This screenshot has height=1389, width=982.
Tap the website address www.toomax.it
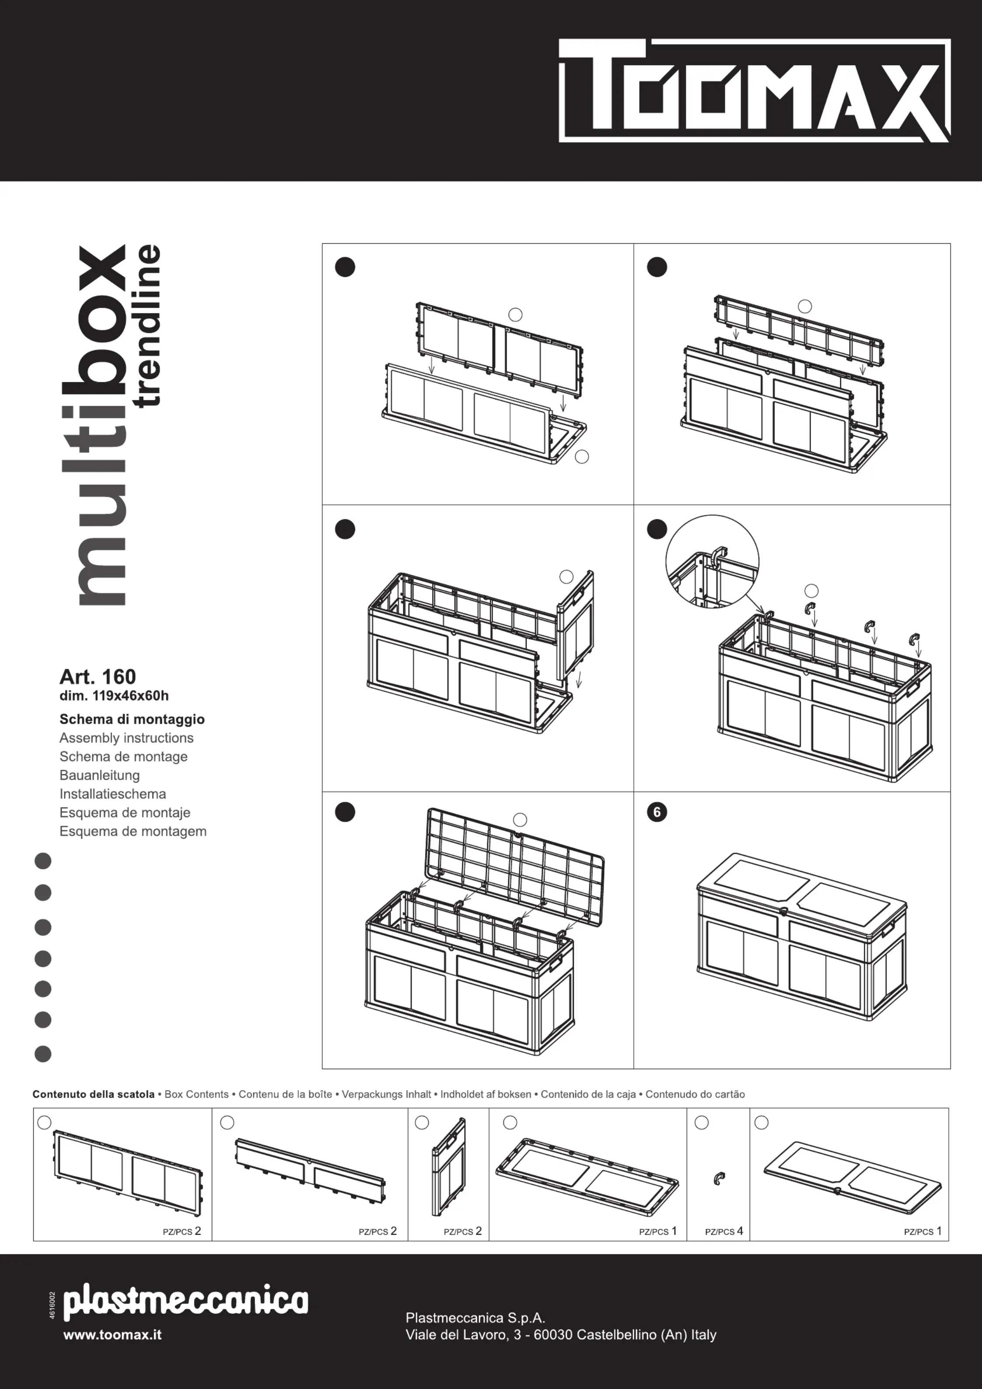coord(112,1335)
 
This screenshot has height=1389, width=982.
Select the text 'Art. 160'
coord(98,676)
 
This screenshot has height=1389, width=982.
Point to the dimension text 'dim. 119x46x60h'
coord(114,696)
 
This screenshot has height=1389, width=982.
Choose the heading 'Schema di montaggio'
coord(132,719)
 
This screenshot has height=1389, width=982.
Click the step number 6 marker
coord(657,812)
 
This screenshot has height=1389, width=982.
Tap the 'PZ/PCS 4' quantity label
coord(723,1231)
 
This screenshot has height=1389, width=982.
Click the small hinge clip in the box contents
coord(719,1179)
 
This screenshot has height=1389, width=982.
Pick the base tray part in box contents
coord(587,1177)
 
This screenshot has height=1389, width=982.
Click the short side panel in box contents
coord(449,1168)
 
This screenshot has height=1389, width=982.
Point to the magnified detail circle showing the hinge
coord(712,561)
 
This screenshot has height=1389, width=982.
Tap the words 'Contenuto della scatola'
coord(94,1095)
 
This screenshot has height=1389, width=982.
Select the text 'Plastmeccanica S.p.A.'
coord(475,1318)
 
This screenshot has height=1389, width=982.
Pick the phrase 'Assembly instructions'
coord(126,738)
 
